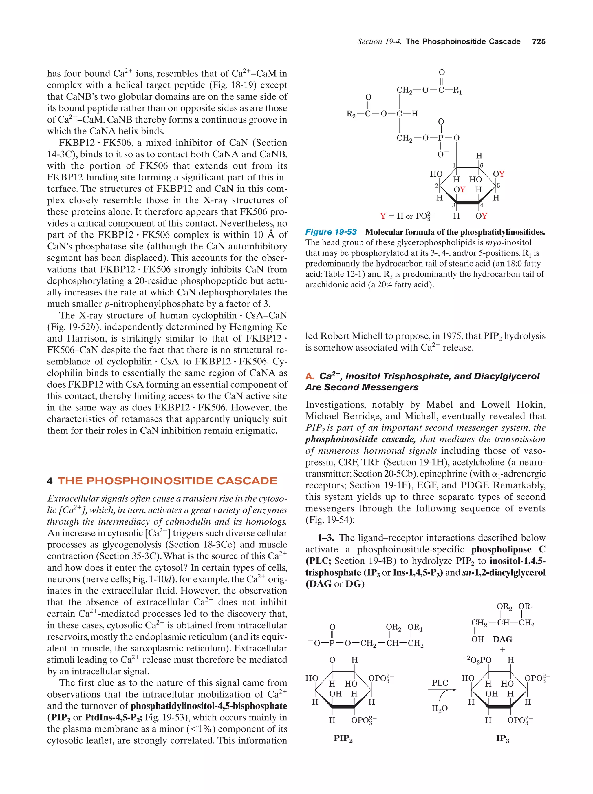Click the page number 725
[539, 42]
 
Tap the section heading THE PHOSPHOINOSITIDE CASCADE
[167, 481]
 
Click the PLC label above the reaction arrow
[440, 682]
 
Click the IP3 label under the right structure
[502, 738]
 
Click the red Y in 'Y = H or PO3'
[383, 216]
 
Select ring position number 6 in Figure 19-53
[482, 165]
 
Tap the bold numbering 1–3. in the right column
[325, 538]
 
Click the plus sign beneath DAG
[502, 649]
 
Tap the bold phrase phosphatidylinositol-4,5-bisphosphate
[209, 706]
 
